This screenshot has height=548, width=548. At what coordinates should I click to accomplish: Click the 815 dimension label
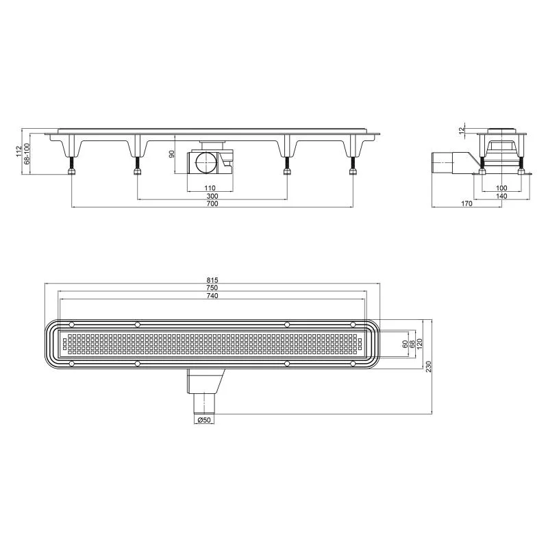click(x=212, y=280)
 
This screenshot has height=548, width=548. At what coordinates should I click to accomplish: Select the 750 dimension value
click(x=212, y=288)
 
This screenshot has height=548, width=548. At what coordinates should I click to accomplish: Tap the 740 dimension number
click(x=212, y=296)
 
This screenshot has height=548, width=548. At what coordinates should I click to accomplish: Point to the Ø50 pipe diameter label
click(x=204, y=420)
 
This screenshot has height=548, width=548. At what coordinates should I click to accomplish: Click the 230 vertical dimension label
click(x=429, y=366)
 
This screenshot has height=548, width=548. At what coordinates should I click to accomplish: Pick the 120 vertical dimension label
click(x=420, y=344)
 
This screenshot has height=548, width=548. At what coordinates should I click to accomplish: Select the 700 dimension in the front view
click(x=212, y=203)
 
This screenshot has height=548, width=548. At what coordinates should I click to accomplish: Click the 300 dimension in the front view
click(x=212, y=196)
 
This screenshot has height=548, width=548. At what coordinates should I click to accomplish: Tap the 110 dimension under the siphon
click(x=210, y=188)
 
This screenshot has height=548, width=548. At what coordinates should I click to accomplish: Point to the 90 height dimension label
click(x=172, y=153)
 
